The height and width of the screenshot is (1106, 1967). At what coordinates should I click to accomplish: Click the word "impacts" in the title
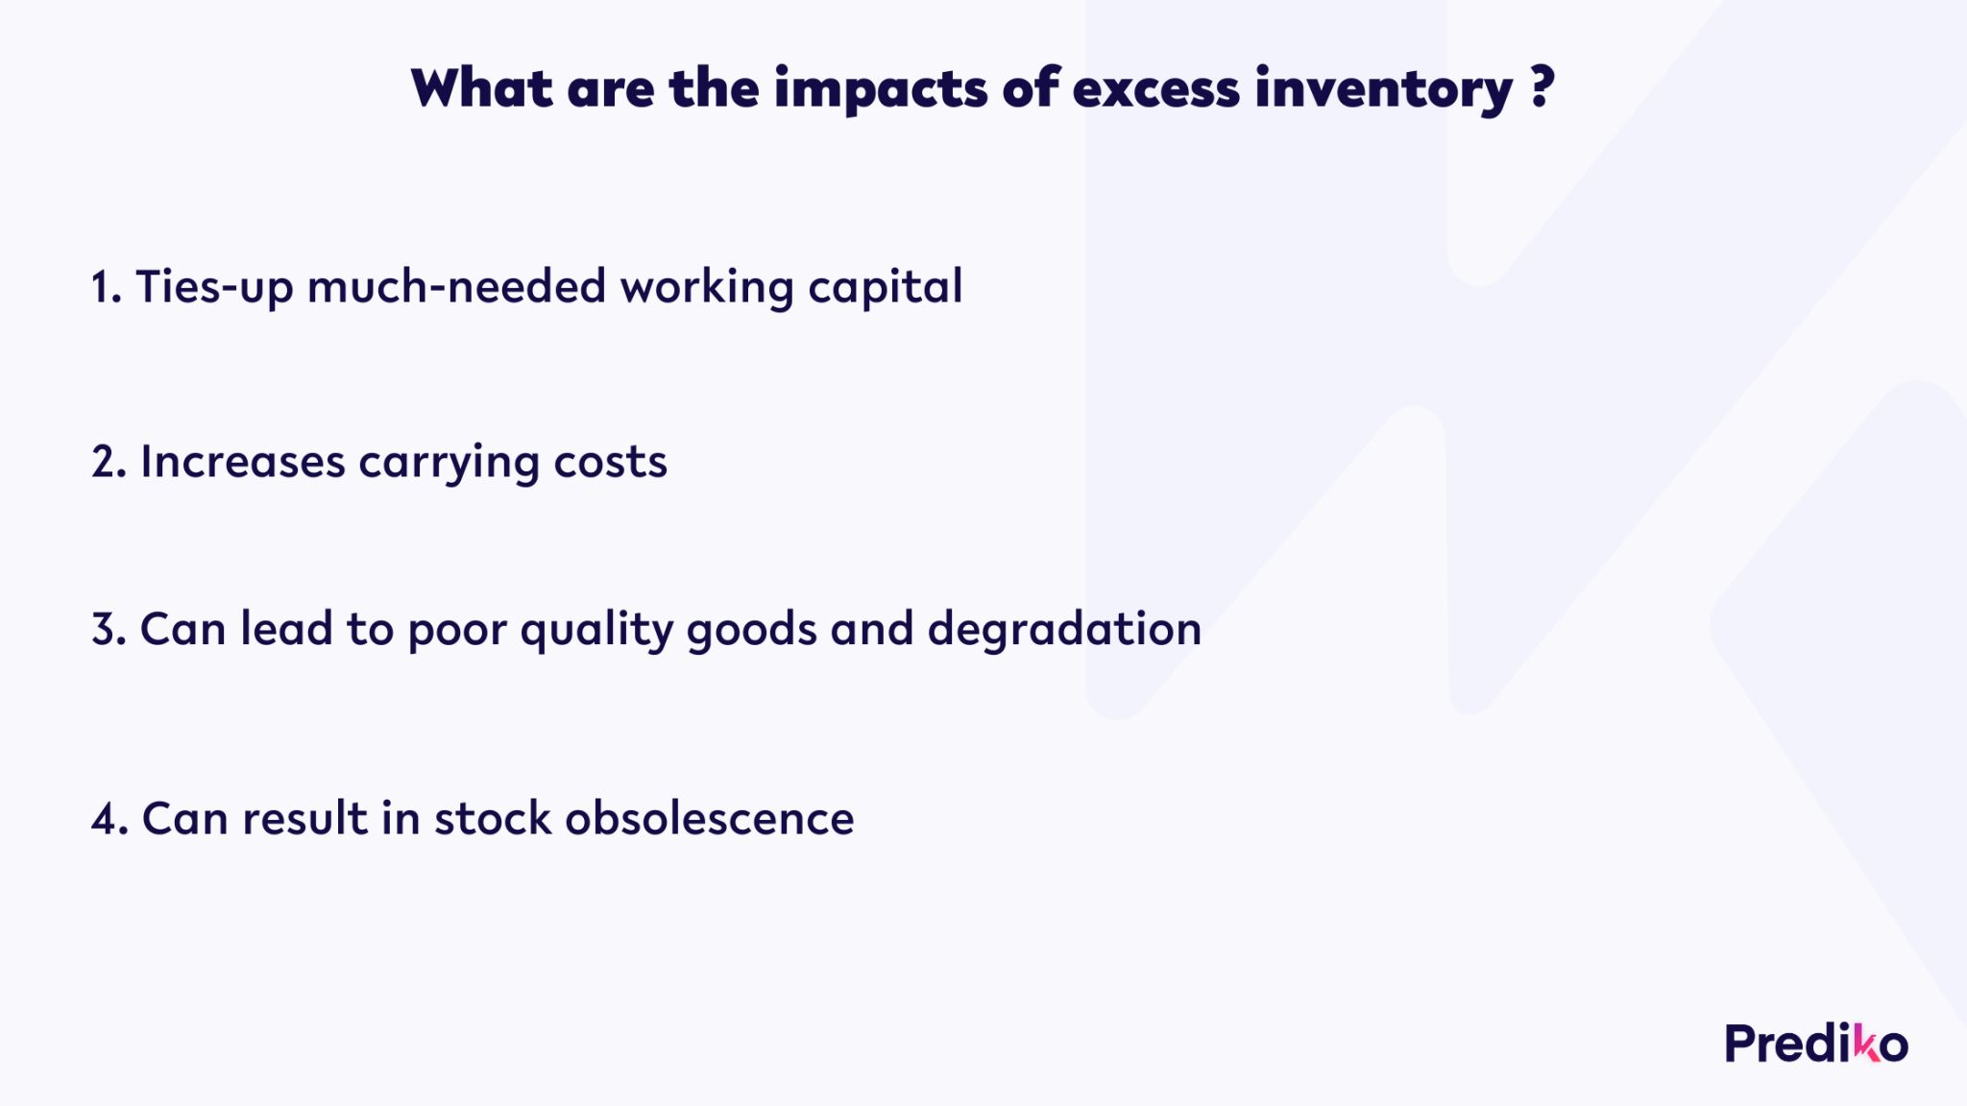coord(881,89)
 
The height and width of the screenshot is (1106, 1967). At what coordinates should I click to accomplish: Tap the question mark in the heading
coord(1542,86)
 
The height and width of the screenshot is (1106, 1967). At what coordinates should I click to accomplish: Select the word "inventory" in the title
coord(1384,89)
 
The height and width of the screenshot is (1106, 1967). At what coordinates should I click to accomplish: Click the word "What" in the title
coord(482,87)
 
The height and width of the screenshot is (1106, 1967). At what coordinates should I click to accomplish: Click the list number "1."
coord(107,287)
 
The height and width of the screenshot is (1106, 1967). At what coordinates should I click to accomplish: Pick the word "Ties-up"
coord(214,287)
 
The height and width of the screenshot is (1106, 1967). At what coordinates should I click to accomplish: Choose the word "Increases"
coord(243,462)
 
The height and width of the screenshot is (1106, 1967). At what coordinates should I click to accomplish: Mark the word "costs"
coord(610,463)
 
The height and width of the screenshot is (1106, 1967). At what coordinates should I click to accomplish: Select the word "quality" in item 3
coord(596,631)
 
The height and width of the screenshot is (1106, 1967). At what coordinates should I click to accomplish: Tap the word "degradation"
coord(1064,630)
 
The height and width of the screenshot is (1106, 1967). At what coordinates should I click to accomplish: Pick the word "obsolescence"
coord(709,818)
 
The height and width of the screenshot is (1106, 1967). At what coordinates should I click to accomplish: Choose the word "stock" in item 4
coord(493,818)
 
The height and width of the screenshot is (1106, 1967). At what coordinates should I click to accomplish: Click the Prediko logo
coord(1816,1044)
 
